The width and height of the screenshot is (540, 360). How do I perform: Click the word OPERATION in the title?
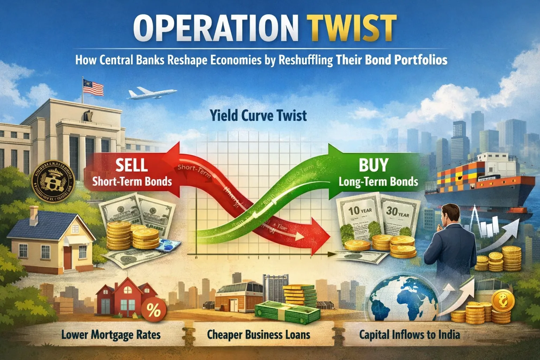click(x=213, y=28)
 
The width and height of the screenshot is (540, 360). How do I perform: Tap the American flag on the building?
click(x=93, y=86)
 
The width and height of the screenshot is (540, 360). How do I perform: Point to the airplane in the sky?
click(x=152, y=93)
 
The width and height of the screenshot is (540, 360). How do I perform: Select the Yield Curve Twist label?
click(x=258, y=116)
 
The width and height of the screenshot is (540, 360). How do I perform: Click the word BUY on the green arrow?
click(x=373, y=165)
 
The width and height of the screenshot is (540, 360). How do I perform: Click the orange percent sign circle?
click(x=153, y=310)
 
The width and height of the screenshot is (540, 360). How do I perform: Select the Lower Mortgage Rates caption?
click(x=111, y=334)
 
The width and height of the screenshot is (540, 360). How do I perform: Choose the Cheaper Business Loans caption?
click(x=258, y=334)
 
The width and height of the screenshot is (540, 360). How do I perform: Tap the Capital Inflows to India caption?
click(x=409, y=334)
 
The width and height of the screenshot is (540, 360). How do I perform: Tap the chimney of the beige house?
click(x=34, y=215)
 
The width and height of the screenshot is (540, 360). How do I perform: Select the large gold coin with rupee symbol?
click(x=503, y=302)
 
